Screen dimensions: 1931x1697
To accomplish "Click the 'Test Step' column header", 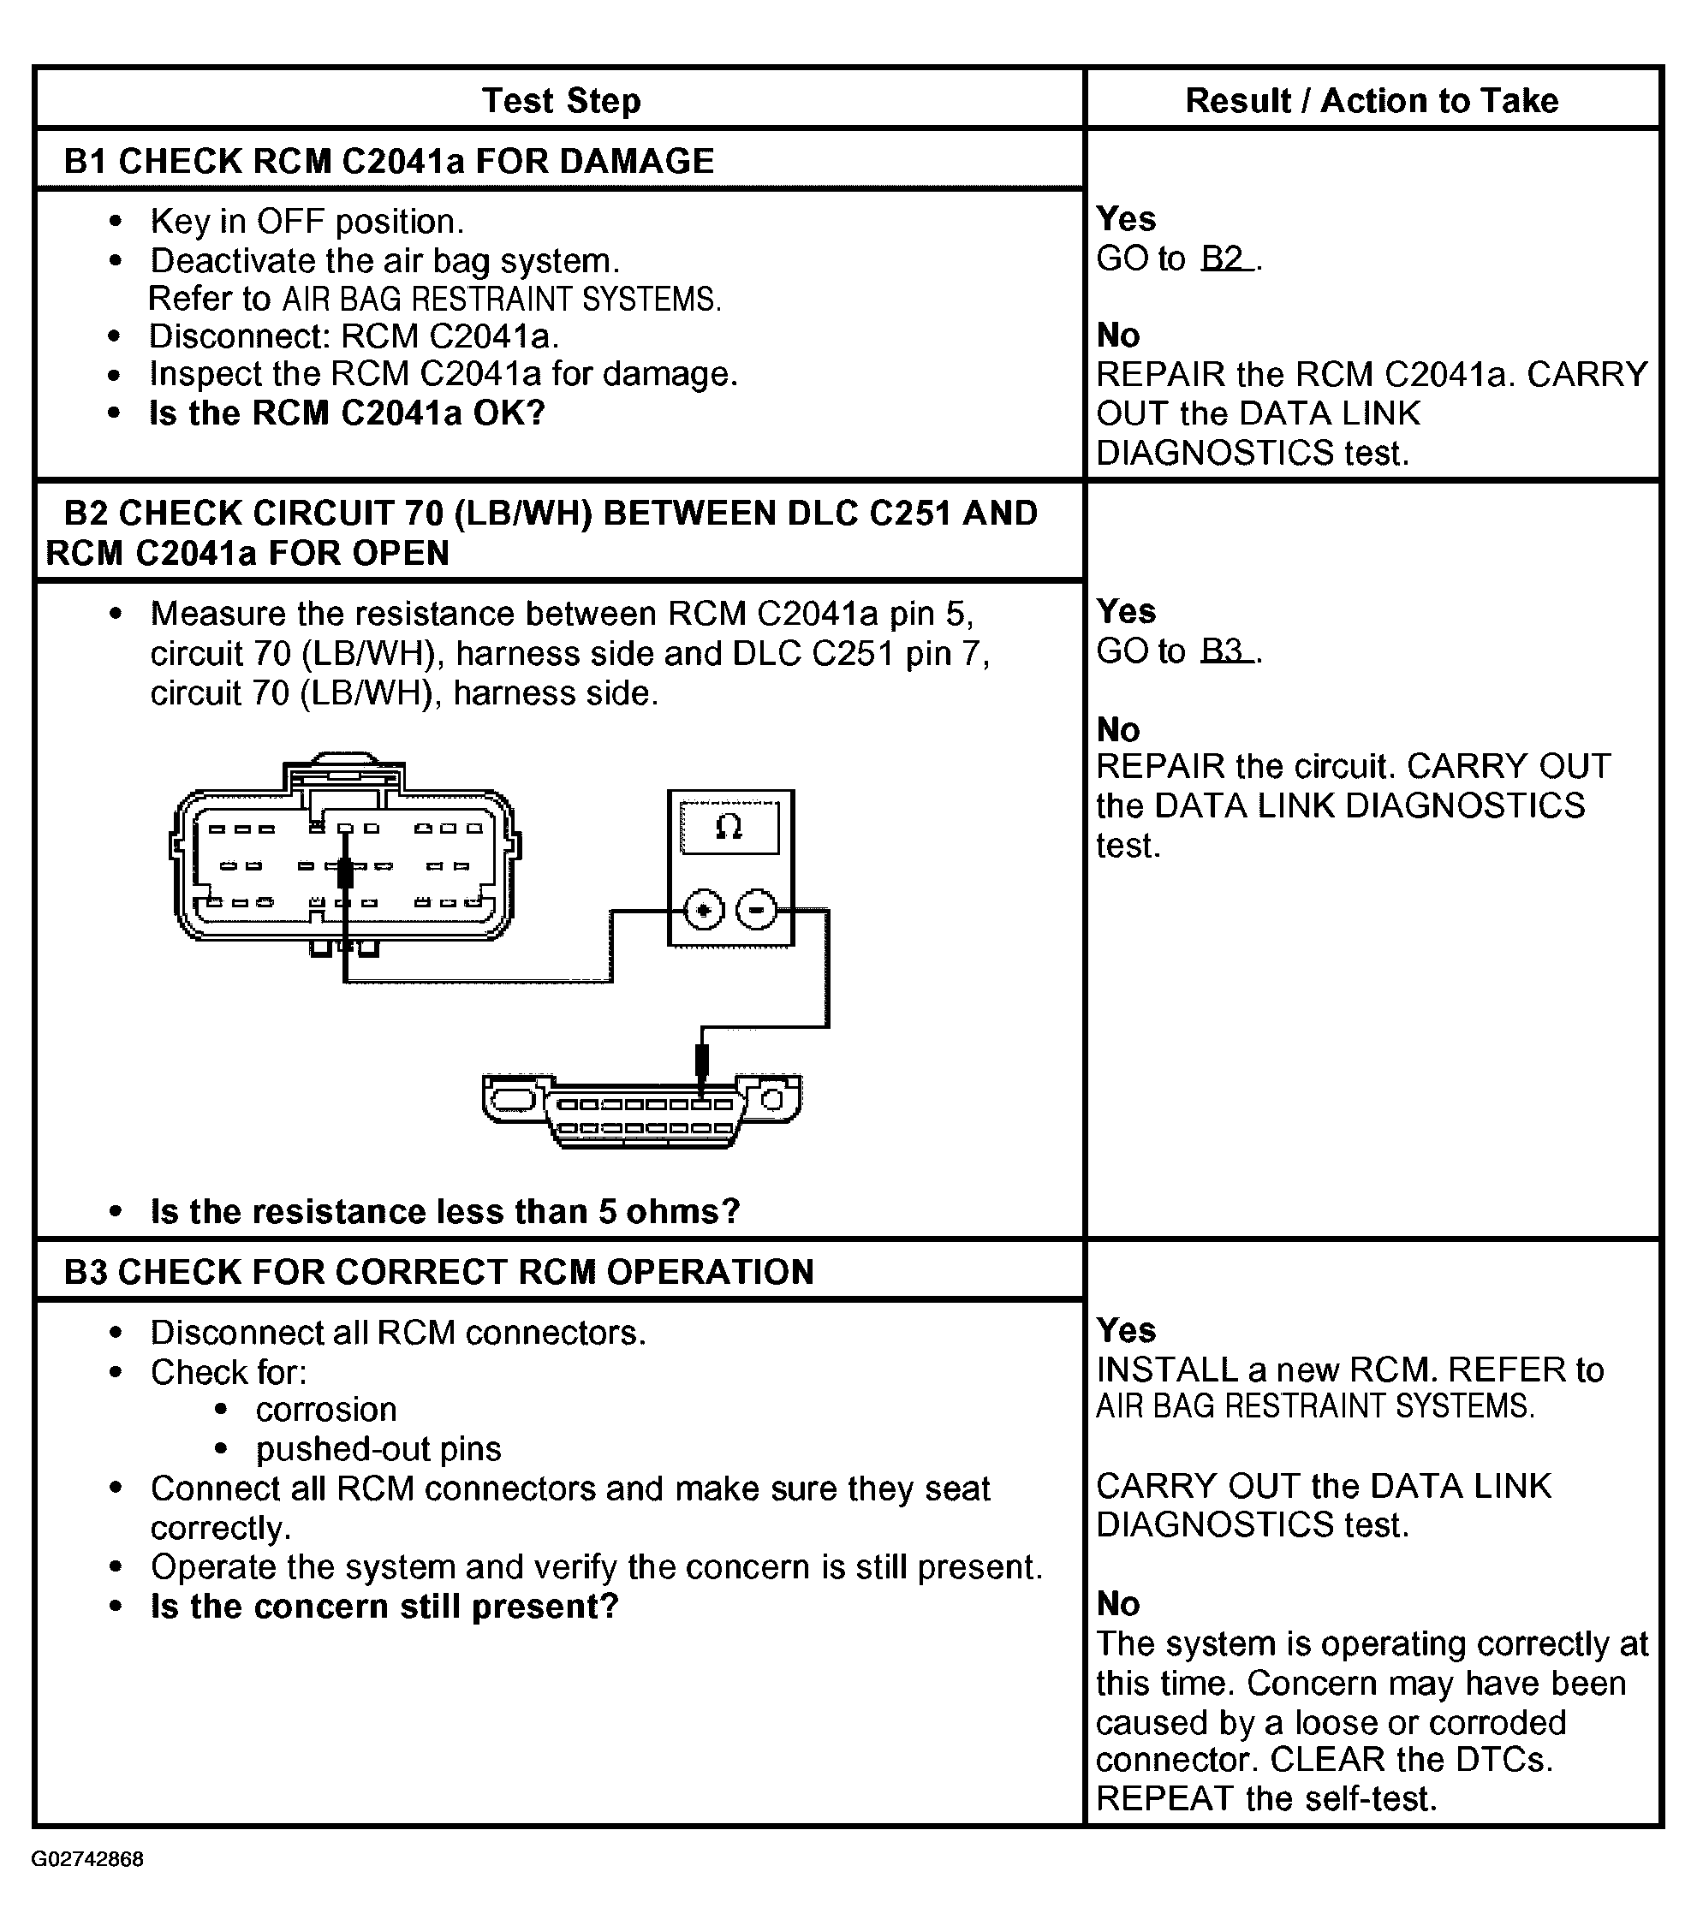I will (x=562, y=100).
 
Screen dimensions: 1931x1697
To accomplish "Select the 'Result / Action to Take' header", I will (x=1371, y=100).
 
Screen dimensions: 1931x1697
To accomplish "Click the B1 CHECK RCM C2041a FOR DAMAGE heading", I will (x=389, y=162).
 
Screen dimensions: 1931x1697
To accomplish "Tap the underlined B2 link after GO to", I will (x=1226, y=258).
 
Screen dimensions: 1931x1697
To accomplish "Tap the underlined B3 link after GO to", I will (x=1226, y=650).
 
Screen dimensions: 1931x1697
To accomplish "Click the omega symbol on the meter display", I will (x=729, y=828).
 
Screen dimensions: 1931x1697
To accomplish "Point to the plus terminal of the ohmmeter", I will (x=703, y=911).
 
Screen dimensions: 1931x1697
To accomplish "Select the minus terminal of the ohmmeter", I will (x=756, y=911).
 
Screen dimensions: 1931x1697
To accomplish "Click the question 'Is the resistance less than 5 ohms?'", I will (x=445, y=1211).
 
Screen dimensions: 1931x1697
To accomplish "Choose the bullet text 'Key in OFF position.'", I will (x=307, y=221).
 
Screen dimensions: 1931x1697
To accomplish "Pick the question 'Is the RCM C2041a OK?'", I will (x=348, y=413).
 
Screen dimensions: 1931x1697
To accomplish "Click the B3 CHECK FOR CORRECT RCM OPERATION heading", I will (x=438, y=1272).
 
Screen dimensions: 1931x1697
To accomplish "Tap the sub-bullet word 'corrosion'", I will (x=326, y=1410).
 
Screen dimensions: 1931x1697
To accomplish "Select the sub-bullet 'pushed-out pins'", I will (x=378, y=1448).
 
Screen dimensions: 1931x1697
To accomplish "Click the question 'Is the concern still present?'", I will (x=384, y=1606).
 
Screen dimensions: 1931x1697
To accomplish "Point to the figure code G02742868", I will (x=87, y=1859).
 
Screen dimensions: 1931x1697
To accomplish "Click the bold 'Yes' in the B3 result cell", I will (x=1126, y=1330).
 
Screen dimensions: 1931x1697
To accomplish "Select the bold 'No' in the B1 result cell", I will (x=1118, y=335).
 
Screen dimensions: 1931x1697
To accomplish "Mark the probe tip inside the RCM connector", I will (x=345, y=874).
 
